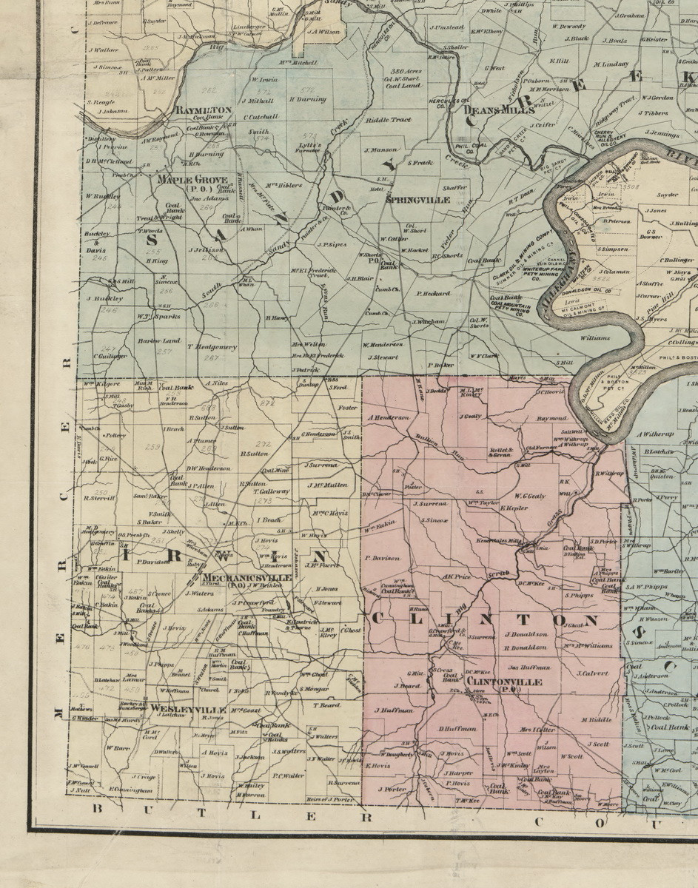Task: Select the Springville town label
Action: [408, 199]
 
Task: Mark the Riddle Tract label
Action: [387, 119]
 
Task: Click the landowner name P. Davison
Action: [382, 558]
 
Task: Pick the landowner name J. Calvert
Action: [589, 673]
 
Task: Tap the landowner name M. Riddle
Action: [595, 719]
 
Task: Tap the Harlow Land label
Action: [159, 341]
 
